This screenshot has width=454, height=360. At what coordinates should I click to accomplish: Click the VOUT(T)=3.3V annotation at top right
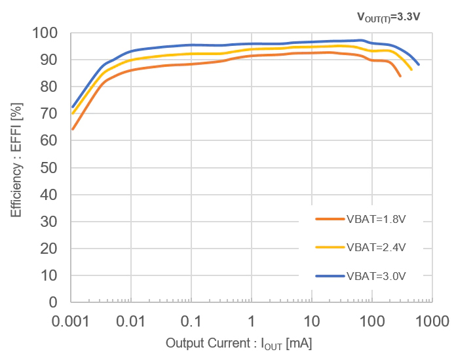[x=388, y=16]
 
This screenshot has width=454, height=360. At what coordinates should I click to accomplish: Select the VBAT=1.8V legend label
[x=376, y=220]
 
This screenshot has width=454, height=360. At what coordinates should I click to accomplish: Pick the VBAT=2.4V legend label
[x=376, y=248]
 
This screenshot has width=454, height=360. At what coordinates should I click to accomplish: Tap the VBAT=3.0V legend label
[x=376, y=276]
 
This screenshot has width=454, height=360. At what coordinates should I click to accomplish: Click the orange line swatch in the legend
[x=330, y=220]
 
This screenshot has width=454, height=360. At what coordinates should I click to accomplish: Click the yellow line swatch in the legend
[x=330, y=248]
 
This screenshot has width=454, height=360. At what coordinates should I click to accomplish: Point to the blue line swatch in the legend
[x=330, y=276]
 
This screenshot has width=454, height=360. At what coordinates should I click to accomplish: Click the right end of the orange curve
[x=400, y=76]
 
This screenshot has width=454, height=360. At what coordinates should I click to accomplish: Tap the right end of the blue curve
[x=418, y=64]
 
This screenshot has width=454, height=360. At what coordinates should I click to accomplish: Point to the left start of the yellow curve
[x=72, y=113]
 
